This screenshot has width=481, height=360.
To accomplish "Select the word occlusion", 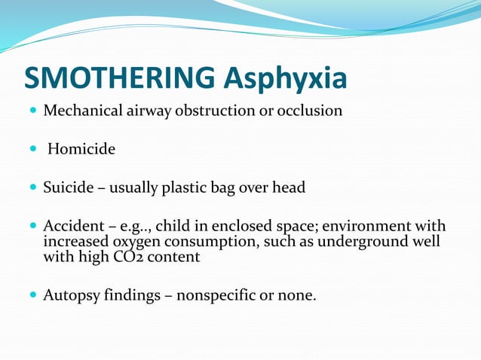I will pyautogui.click(x=311, y=111).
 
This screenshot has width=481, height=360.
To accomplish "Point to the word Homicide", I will pyautogui.click(x=81, y=149).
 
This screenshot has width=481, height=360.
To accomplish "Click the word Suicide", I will pyautogui.click(x=68, y=188).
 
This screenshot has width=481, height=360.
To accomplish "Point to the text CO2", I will pyautogui.click(x=155, y=256).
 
